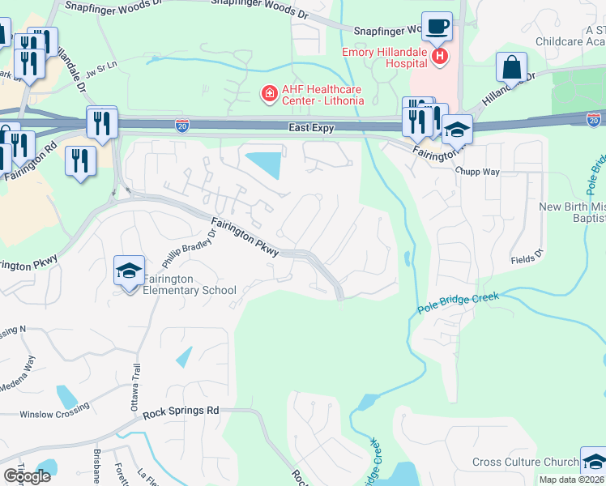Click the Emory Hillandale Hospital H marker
440,56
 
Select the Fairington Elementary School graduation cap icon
129,271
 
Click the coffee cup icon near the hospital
437,25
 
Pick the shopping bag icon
512,67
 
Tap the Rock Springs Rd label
181,411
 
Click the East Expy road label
312,128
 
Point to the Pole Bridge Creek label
459,304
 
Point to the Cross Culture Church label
526,463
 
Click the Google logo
27,476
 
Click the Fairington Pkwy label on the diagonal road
245,237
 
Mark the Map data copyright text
572,480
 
